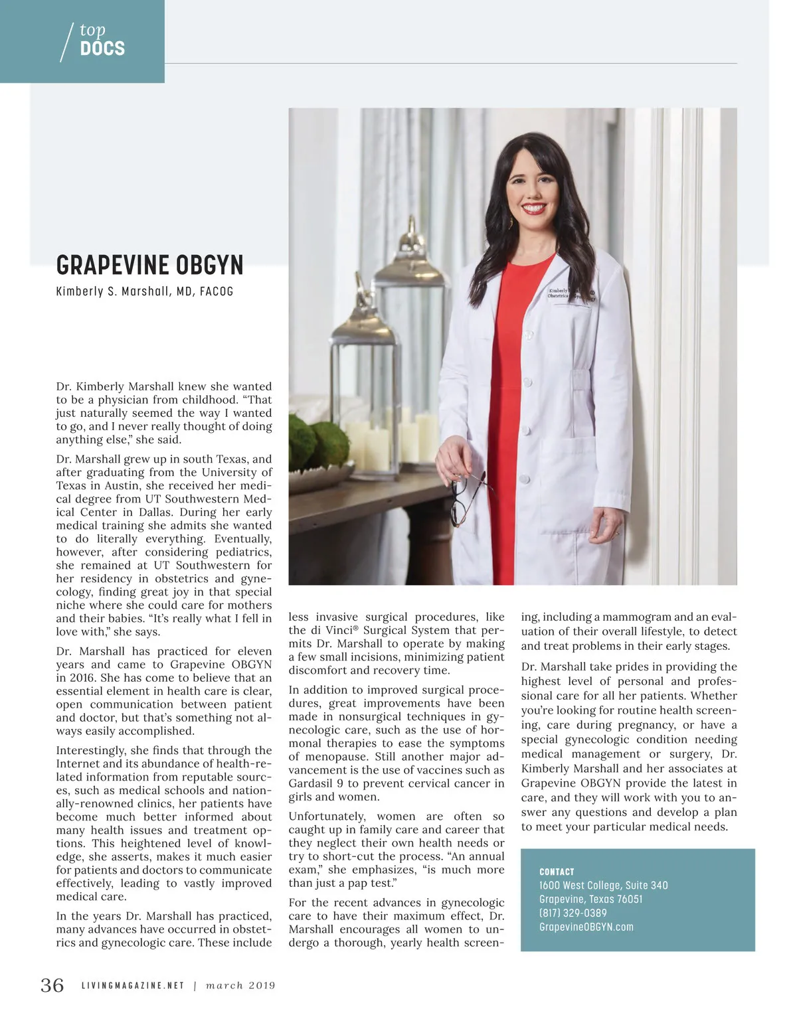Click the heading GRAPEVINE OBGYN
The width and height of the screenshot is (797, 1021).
click(x=149, y=266)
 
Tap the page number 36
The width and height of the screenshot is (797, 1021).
click(x=52, y=984)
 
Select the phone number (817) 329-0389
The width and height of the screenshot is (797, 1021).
click(x=573, y=913)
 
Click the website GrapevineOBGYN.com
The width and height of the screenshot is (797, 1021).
click(x=586, y=927)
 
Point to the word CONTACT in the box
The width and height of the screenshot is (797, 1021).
click(x=557, y=872)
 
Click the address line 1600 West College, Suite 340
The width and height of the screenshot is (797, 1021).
click(x=603, y=885)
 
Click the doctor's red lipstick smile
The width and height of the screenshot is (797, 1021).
click(x=535, y=208)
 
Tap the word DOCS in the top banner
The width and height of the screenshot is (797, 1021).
click(x=102, y=48)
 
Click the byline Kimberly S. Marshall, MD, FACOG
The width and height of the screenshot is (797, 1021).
click(x=145, y=291)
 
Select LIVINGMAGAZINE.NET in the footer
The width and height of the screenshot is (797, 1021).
click(x=133, y=986)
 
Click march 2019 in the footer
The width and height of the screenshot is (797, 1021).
click(x=240, y=986)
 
